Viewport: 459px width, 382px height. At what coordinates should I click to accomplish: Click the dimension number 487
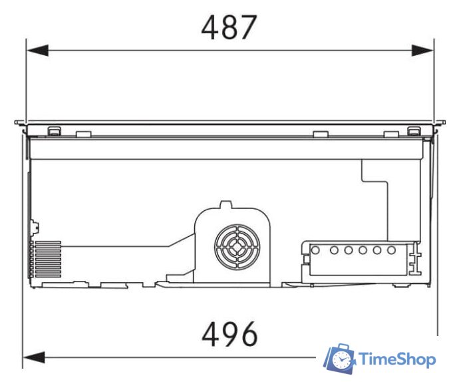230,27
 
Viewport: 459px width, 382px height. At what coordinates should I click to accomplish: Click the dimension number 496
230,333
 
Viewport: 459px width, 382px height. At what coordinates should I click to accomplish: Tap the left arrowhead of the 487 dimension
38,51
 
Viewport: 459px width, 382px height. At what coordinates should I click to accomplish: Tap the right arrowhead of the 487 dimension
422,51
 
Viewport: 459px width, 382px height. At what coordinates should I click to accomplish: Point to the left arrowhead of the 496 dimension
34,357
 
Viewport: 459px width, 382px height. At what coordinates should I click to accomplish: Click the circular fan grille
237,247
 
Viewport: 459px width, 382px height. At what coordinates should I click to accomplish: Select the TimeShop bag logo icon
339,358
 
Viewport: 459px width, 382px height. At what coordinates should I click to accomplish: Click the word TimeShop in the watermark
397,359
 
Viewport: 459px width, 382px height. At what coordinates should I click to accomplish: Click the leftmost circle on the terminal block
315,250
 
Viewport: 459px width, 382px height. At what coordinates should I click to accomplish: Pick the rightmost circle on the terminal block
391,250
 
